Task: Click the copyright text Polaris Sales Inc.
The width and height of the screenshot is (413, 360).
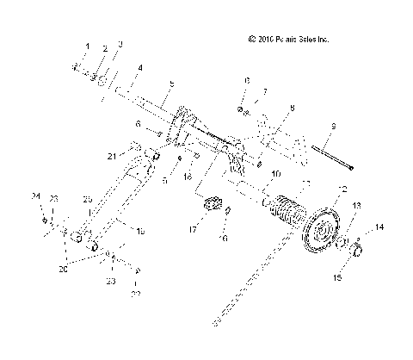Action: (288, 40)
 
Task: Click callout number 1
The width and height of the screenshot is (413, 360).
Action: (86, 46)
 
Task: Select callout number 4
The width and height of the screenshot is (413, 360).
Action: (140, 67)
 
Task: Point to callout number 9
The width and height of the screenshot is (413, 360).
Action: (333, 127)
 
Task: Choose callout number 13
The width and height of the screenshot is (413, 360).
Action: (358, 229)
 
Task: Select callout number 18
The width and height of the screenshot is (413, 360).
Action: (141, 232)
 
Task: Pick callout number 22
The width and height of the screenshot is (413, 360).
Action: (135, 295)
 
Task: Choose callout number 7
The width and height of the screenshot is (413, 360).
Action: (266, 90)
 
